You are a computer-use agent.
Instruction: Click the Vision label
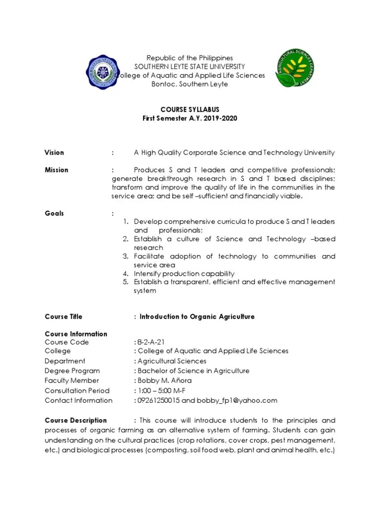[x=54, y=152]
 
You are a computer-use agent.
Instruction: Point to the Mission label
[x=56, y=169]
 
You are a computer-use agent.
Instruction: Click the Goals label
[x=54, y=213]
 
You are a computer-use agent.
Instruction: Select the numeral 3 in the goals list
[x=126, y=256]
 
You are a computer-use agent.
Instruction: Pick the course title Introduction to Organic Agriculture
[x=197, y=316]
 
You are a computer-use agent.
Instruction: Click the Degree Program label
[x=72, y=371]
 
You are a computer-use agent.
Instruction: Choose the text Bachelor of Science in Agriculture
[x=193, y=371]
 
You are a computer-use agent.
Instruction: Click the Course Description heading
[x=76, y=420]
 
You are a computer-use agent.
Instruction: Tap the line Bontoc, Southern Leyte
[x=190, y=84]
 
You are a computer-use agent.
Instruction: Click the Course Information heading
[x=76, y=334]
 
